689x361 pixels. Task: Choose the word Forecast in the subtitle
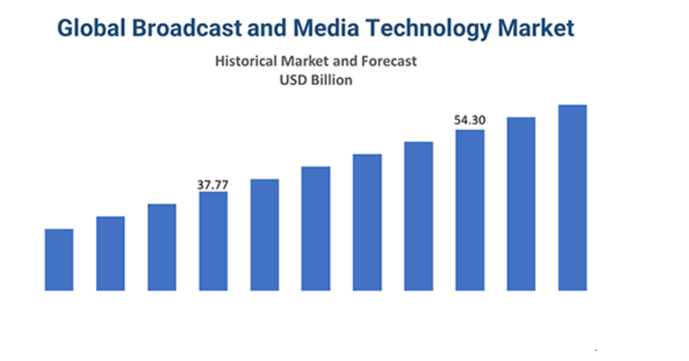coord(389,61)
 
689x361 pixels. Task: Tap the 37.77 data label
coord(213,185)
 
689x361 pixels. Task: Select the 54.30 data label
coord(470,119)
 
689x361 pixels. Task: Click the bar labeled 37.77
coord(213,241)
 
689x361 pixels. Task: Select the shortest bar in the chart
coord(59,260)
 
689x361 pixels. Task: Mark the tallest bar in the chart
coord(572,197)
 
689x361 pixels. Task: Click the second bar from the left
coord(110,253)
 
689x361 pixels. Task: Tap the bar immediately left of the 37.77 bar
coord(162,247)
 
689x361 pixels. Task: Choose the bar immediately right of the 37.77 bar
coord(265,234)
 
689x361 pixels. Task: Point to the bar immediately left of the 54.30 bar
coord(418,216)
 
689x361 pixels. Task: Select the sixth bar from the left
coord(316,229)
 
